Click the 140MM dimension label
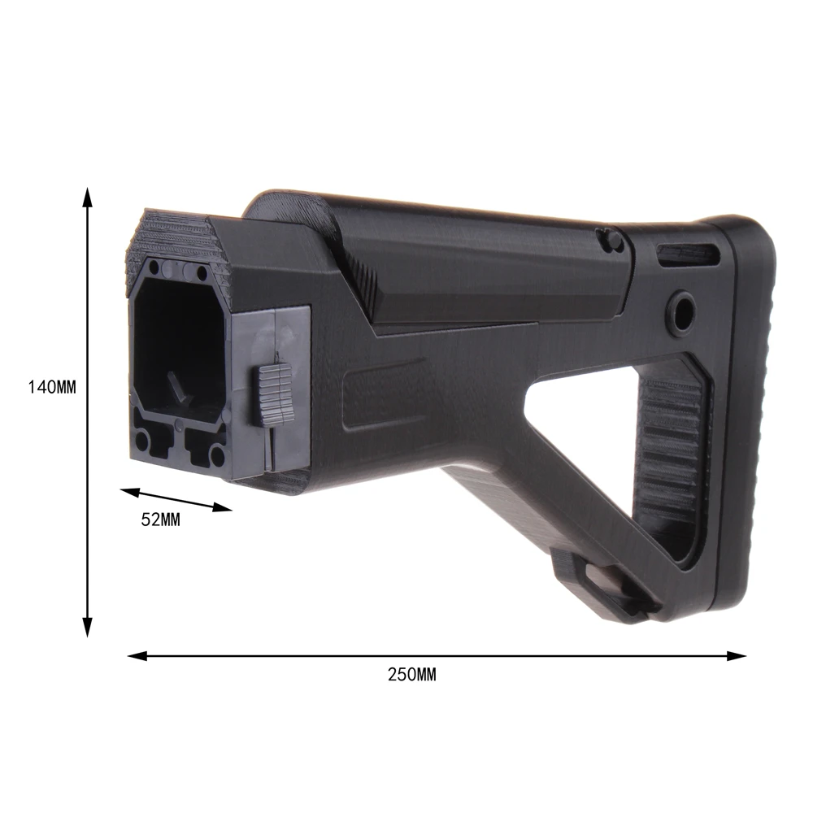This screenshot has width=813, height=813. pos(52,387)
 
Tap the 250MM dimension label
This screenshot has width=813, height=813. pos(412,675)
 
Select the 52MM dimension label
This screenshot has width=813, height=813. pos(161,520)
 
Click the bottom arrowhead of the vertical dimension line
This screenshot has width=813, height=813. pos(88,627)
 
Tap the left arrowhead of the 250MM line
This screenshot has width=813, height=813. pos(138,656)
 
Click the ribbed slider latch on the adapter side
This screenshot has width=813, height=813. pos(273,394)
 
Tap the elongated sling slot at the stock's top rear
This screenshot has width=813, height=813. pos(689,254)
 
